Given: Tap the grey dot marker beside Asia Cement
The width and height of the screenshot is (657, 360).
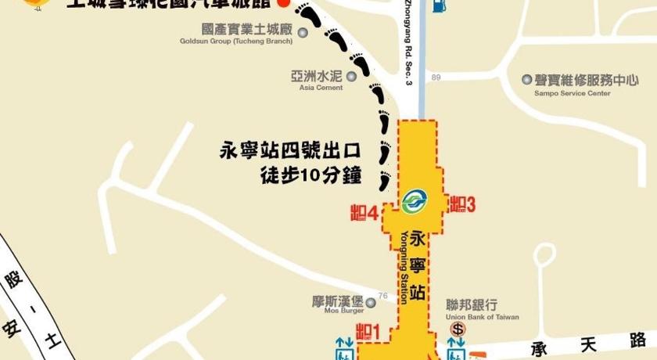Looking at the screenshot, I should click(x=351, y=76).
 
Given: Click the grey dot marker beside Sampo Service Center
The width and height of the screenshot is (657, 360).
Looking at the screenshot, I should click(x=527, y=80).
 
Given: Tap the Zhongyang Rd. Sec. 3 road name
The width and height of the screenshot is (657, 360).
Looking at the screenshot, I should click(x=407, y=43).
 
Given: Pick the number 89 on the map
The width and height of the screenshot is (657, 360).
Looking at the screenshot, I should click(x=436, y=77).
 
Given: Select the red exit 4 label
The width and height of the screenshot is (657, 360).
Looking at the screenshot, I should click(x=364, y=212).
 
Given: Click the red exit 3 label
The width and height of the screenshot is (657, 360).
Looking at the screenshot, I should click(x=462, y=204).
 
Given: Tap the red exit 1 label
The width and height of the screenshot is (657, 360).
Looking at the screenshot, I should click(x=367, y=332).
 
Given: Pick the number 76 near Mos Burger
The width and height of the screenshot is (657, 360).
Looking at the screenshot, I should click(x=382, y=296).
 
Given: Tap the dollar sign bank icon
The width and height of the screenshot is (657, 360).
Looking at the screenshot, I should click(x=458, y=329).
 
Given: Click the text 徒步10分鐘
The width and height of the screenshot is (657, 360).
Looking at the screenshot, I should click(x=311, y=175).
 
